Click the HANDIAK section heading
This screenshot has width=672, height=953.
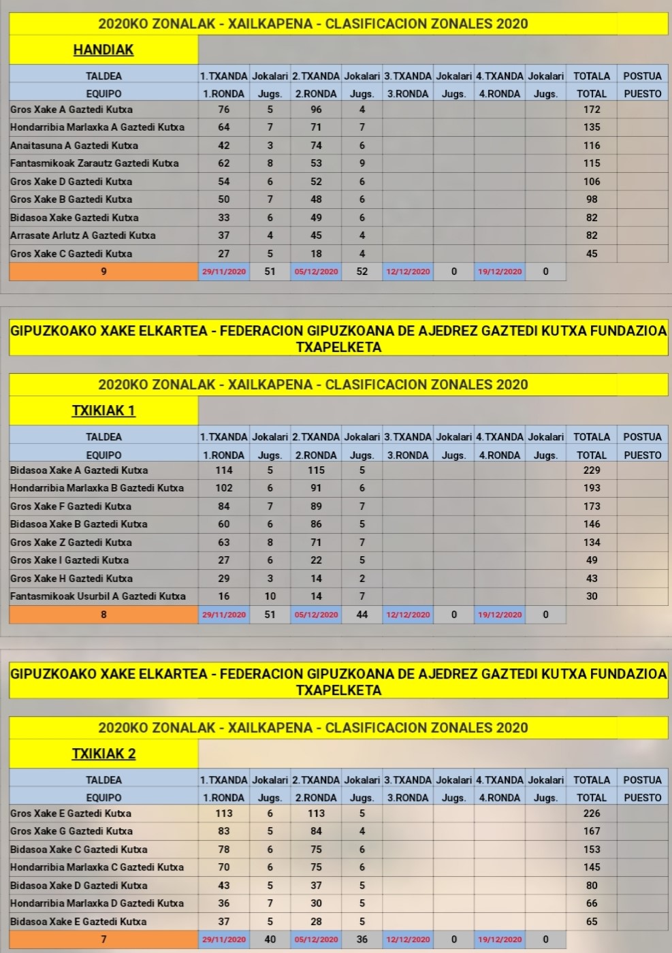click(103, 50)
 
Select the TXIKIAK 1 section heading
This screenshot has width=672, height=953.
click(103, 410)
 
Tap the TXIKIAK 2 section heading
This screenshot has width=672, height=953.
click(103, 754)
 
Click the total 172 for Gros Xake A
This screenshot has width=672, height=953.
click(592, 109)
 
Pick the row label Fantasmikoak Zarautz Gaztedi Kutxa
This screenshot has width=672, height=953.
click(95, 163)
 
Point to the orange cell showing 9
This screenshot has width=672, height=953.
click(103, 272)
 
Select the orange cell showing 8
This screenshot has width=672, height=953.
click(103, 615)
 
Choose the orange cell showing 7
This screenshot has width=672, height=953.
click(103, 939)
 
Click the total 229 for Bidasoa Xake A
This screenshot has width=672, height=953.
click(592, 470)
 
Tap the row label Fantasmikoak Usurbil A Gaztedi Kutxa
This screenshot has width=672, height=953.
click(98, 596)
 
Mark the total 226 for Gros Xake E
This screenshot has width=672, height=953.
click(592, 813)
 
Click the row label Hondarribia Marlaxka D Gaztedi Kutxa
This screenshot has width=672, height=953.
click(97, 903)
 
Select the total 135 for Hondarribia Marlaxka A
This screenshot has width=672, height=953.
click(592, 127)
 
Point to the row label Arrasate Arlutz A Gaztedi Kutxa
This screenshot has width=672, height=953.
click(83, 236)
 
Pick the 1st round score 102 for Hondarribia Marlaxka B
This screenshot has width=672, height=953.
click(223, 488)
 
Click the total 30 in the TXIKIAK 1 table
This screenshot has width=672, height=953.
click(592, 596)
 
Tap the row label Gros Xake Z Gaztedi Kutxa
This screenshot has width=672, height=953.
click(71, 543)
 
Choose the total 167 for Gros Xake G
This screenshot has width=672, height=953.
click(592, 831)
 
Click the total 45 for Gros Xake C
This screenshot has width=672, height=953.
click(592, 254)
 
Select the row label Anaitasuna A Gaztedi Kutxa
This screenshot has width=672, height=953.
click(74, 146)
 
